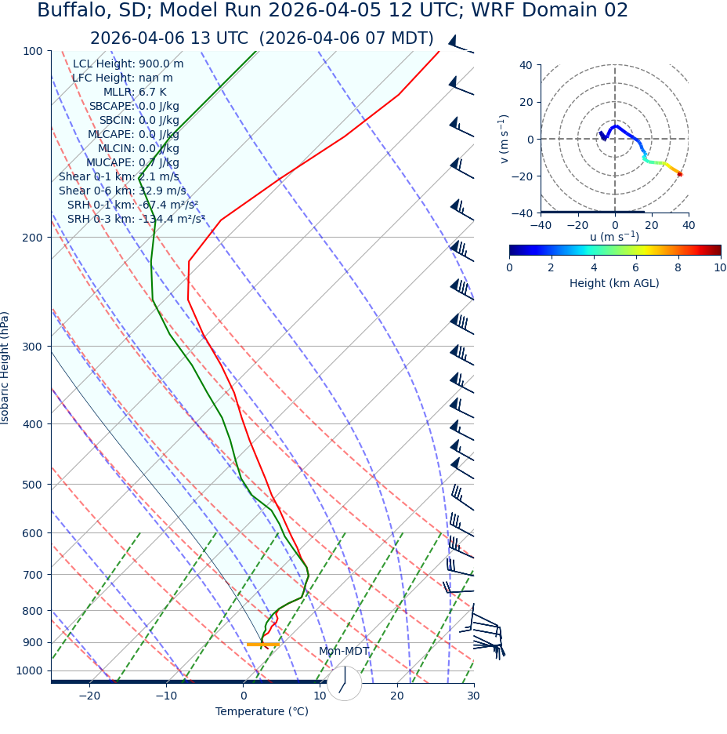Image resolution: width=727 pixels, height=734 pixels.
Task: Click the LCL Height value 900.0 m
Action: coord(161,64)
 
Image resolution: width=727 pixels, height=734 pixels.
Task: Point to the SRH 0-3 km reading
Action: coord(136,220)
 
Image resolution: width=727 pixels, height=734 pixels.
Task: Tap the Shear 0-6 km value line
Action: coord(122,191)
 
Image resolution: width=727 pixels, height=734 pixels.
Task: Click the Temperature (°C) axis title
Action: coord(262,712)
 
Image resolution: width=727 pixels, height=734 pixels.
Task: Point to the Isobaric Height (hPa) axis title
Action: coord(5,368)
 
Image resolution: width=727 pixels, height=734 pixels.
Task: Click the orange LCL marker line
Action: coord(263,645)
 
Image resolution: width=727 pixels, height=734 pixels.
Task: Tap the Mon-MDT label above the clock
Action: coord(344,652)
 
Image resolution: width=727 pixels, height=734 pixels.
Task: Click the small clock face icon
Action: coord(345,683)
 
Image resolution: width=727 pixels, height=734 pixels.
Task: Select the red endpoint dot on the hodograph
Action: coord(680,174)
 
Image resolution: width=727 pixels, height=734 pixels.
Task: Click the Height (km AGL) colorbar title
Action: coord(614,284)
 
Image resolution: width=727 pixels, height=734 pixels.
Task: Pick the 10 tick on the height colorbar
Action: coord(720,268)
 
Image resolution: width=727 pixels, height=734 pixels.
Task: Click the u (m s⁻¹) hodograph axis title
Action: coord(614,237)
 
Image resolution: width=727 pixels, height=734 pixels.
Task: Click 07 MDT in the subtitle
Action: coord(400,39)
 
